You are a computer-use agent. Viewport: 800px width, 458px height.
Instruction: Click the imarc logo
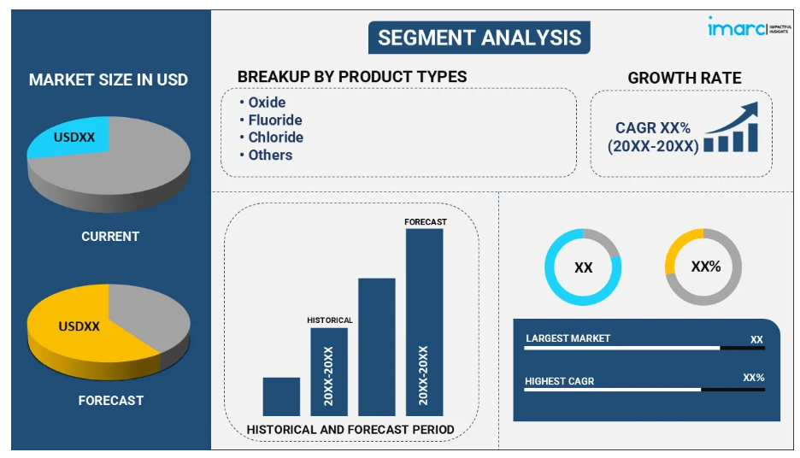pos(749,26)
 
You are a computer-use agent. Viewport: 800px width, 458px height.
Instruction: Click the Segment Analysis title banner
pos(479,38)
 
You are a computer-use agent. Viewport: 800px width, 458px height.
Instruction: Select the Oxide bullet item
pos(262,102)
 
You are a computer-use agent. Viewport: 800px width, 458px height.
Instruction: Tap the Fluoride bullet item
pos(271,120)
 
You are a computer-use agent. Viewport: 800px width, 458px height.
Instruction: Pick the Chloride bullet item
pos(272,138)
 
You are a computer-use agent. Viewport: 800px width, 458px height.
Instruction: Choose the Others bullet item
pos(266,155)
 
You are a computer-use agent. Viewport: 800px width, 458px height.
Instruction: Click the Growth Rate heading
pos(684,78)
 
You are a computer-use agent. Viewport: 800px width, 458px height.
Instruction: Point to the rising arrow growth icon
pos(731,126)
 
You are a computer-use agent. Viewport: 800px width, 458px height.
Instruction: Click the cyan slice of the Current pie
pos(72,137)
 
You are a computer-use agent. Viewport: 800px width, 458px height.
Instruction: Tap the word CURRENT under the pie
pos(110,237)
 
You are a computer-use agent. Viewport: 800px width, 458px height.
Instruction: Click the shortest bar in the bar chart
pos(282,396)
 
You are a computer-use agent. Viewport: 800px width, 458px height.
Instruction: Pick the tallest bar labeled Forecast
pos(425,322)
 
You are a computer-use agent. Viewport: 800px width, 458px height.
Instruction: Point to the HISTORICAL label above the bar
pos(330,320)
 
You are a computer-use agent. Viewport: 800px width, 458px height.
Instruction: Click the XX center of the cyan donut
pos(583,267)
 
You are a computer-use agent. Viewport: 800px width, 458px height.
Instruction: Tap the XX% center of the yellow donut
pos(706,267)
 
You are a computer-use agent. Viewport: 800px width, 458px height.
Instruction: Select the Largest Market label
pos(568,338)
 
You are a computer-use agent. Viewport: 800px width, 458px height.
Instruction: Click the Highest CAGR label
pos(560,381)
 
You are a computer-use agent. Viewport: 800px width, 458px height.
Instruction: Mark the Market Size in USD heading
pos(109,79)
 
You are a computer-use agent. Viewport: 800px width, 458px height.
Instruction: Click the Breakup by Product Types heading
pos(352,77)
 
